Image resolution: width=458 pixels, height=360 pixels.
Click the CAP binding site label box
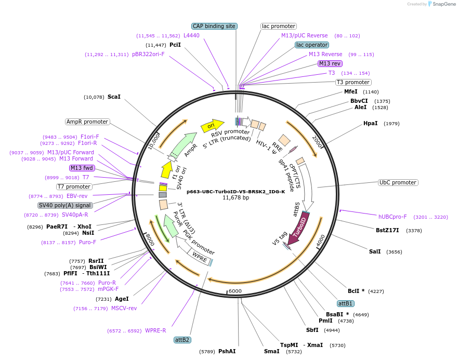[x=214, y=26]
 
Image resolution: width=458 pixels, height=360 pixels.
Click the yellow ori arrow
[x=212, y=125]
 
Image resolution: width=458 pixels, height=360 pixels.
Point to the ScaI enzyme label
[x=114, y=97]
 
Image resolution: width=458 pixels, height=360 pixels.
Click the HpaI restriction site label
[x=371, y=124]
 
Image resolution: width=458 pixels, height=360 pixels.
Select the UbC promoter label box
[x=398, y=183]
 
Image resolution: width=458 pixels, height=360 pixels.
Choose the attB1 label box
[x=345, y=303]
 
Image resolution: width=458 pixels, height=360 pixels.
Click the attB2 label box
[x=182, y=340]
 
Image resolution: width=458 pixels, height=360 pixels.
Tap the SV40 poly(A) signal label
[x=65, y=205]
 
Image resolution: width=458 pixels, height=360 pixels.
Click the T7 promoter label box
[x=74, y=186]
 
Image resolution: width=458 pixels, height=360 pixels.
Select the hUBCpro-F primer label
[x=392, y=217]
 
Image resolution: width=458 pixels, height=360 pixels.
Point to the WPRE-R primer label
[x=155, y=331]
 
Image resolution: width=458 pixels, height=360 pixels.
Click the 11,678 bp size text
[x=235, y=198]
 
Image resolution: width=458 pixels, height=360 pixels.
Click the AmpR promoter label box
[x=87, y=122]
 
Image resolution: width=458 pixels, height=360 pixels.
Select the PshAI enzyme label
[x=227, y=352]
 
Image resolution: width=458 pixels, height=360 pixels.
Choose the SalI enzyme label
[x=375, y=251]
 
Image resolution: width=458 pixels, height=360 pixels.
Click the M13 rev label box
[x=331, y=63]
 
